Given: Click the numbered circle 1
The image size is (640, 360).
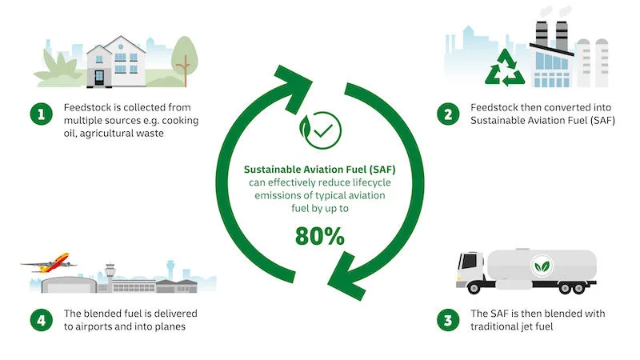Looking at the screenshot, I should coord(38,114).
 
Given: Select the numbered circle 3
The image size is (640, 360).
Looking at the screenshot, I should coord(447,321).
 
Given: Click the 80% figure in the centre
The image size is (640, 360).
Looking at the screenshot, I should coord(319,236).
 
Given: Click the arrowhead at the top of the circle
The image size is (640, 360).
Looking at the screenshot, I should coord(298,78).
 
